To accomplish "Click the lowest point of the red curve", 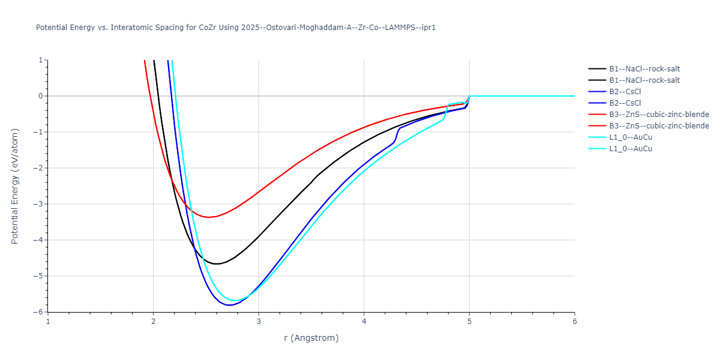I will [x=208, y=217].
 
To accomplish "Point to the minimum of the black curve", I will [x=217, y=264].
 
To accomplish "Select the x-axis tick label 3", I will [x=259, y=321].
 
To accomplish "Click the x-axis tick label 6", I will [x=574, y=321].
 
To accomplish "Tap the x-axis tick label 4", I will [x=364, y=321].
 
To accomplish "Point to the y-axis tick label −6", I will [x=40, y=312].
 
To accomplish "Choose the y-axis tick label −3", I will [x=40, y=204].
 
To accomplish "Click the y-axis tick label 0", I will [x=41, y=96].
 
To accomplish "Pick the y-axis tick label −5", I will [x=40, y=276].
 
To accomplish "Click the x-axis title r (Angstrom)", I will [x=311, y=338].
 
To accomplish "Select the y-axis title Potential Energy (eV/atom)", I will [x=16, y=186].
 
